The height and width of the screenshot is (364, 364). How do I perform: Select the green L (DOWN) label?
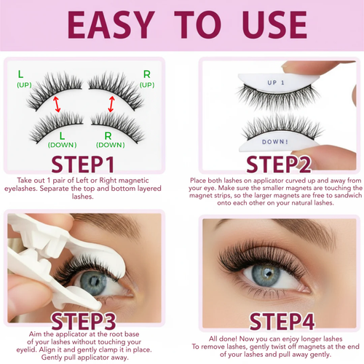[62, 139]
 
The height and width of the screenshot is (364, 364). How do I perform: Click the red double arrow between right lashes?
[111, 104]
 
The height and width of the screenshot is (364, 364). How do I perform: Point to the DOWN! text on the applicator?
[281, 143]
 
